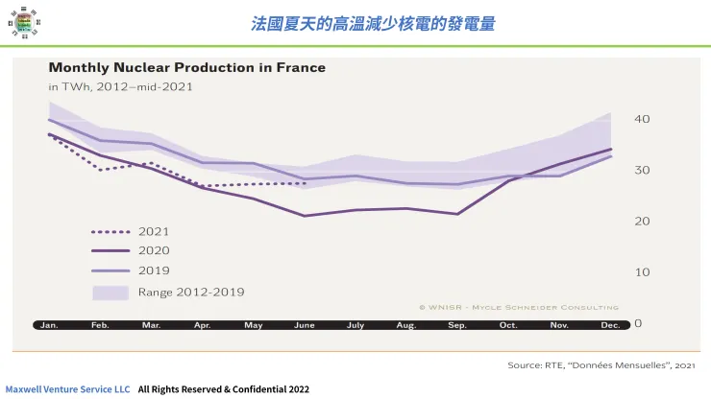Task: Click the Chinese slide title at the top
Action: pos(373,23)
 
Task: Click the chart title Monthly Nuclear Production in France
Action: pos(186,68)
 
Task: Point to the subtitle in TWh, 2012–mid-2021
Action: pos(121,86)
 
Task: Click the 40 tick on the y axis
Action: pos(643,119)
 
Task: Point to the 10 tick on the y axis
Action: pos(643,272)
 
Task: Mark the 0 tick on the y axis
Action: pos(638,323)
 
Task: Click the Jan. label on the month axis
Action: pos(49,325)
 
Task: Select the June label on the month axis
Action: pos(304,325)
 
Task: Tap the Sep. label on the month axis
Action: pos(457,325)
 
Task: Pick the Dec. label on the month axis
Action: pos(610,325)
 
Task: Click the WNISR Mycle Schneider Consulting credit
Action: pos(518,307)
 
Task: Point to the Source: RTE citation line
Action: pos(601,365)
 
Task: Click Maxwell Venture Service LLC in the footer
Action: pos(67,390)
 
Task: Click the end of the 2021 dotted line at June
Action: pos(305,183)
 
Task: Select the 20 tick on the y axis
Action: pos(643,221)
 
